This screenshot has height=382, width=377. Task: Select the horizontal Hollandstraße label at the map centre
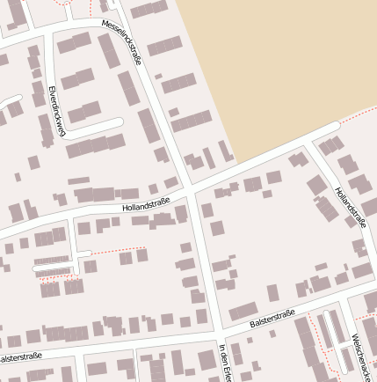point(146,205)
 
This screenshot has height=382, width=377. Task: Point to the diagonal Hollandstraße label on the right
point(350,207)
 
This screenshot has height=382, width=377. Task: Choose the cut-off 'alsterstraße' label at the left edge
point(20,358)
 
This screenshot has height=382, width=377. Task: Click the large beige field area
point(281,62)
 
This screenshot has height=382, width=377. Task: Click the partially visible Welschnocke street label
point(363,356)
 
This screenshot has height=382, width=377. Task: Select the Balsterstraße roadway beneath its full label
point(272,330)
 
